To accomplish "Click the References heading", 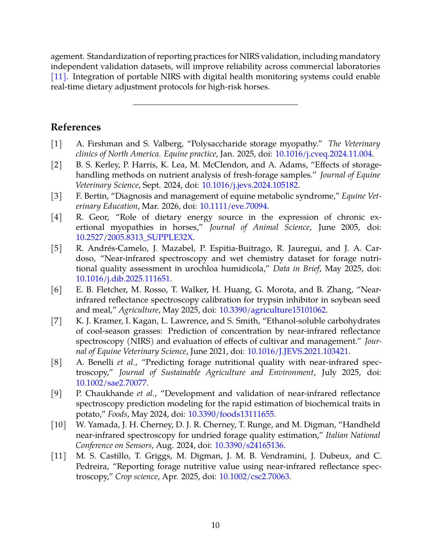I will (x=76, y=127).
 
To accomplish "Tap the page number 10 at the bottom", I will (x=215, y=525).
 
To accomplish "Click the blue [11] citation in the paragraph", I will (x=59, y=76).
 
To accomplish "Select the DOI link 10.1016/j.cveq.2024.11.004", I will (x=323, y=154).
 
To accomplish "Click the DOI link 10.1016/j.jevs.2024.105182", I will (x=250, y=185).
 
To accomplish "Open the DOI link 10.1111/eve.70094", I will (x=233, y=206).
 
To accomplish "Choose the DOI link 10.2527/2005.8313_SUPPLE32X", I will (x=134, y=237).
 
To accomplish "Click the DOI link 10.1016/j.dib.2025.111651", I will (x=123, y=279).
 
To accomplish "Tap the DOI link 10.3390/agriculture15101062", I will (x=272, y=310).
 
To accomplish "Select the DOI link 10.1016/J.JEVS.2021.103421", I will (x=298, y=351).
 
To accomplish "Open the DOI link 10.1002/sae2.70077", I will (x=111, y=382).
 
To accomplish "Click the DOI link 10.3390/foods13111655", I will (x=231, y=414).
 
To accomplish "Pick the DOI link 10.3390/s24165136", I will (x=249, y=445).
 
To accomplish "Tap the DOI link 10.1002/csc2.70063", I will (x=254, y=476).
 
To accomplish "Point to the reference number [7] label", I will (x=57, y=321).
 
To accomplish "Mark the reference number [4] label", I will (x=57, y=217).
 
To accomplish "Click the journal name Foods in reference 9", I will (x=117, y=414).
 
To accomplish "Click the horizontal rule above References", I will (x=215, y=105).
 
